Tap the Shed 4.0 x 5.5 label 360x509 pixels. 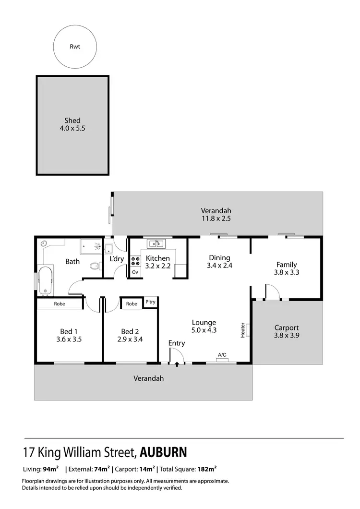pyautogui.click(x=72, y=124)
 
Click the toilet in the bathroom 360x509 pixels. pyautogui.click(x=94, y=266)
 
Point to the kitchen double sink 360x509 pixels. pyautogui.click(x=156, y=244)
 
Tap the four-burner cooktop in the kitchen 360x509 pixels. pyautogui.click(x=135, y=261)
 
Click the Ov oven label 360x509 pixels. pyautogui.click(x=135, y=272)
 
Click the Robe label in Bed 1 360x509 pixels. pyautogui.click(x=60, y=304)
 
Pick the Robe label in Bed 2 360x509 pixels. pyautogui.click(x=132, y=304)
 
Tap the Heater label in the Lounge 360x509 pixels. pyautogui.click(x=243, y=330)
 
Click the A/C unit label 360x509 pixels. pyautogui.click(x=222, y=355)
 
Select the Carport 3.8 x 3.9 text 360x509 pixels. pyautogui.click(x=287, y=332)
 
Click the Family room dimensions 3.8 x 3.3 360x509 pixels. pyautogui.click(x=287, y=272)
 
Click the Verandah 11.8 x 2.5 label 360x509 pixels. pyautogui.click(x=216, y=215)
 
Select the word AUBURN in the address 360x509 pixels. pyautogui.click(x=164, y=452)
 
